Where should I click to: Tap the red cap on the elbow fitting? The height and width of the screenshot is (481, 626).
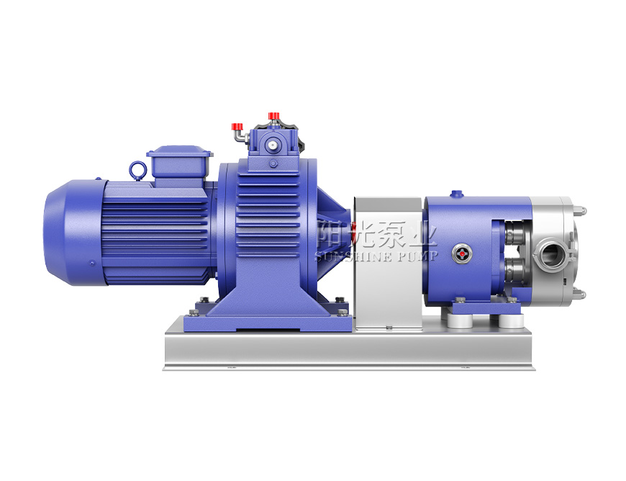click(x=237, y=126)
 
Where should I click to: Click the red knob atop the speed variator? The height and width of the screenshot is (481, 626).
click(x=273, y=115)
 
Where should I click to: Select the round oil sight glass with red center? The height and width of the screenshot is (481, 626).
click(x=461, y=253)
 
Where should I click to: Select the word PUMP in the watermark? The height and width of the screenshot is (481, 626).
click(x=417, y=256)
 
